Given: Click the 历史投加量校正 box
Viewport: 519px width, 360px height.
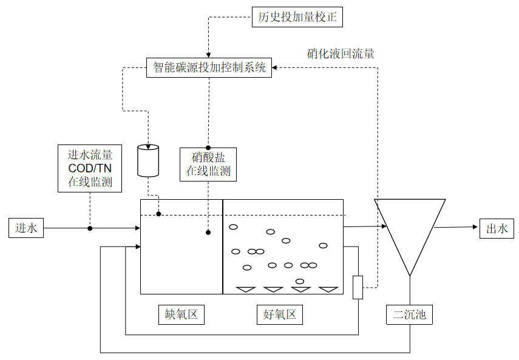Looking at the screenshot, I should pos(297,17).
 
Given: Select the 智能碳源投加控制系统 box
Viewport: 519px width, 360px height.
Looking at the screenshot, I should pos(208,67).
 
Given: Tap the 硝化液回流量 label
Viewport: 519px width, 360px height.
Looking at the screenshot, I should pos(341,53).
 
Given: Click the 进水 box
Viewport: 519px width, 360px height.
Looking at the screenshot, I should pos(26,228).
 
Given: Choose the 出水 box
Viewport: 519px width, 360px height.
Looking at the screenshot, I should pos(497,228).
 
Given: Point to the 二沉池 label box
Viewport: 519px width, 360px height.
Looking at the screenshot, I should pos(410,314).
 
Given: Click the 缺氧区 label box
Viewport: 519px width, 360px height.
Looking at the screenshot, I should pos(181,314).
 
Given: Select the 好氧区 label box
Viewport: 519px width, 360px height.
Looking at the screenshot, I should pos(279,314).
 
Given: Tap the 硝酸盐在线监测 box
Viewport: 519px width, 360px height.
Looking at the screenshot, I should pos(208,164).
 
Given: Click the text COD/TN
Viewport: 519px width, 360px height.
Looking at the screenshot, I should pos(90,168).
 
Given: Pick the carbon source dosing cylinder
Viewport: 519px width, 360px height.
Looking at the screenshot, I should pos(148,160).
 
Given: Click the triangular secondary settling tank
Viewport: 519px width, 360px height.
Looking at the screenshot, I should pos(410,231).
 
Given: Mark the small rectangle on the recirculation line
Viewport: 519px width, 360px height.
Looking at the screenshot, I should pos(358,287).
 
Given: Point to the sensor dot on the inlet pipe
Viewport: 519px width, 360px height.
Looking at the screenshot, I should pos(90,228).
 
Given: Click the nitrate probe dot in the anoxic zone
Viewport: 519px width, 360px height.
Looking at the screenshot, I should pos(208,232).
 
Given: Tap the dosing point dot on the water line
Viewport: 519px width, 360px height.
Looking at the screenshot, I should pos(159,214).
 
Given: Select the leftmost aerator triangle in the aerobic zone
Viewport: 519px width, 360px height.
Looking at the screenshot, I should pos(245,290).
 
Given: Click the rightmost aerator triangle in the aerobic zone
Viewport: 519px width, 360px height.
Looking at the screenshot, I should pos(328,290).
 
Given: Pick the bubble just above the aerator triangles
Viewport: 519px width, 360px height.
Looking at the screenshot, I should pos(300,281).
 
